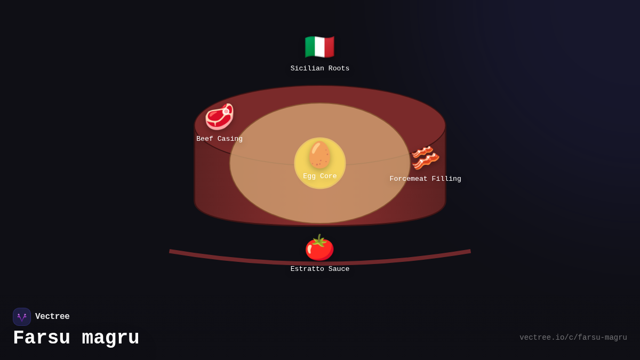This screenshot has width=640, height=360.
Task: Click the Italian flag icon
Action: (x=319, y=46)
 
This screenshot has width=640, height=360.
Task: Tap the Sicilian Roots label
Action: (x=319, y=69)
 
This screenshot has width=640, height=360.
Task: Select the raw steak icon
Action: (x=219, y=117)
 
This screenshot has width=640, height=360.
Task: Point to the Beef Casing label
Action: (x=219, y=139)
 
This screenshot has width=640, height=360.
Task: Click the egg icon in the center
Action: (x=319, y=155)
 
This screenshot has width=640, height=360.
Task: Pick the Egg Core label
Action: (x=319, y=176)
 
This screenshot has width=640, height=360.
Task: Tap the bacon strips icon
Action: (x=425, y=158)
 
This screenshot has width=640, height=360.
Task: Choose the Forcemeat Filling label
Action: (x=425, y=179)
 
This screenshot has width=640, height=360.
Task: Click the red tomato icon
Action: (x=319, y=247)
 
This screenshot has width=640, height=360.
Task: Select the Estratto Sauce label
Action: (x=319, y=269)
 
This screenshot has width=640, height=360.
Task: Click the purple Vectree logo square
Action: (x=22, y=317)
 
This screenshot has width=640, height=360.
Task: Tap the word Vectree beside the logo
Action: (x=52, y=316)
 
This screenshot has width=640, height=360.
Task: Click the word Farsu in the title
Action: (x=42, y=338)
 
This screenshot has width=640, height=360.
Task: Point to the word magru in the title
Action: (x=110, y=338)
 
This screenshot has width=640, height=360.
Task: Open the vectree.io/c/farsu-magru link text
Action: (x=573, y=338)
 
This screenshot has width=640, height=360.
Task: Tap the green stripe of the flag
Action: (x=310, y=46)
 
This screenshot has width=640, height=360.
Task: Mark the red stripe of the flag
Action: (x=330, y=46)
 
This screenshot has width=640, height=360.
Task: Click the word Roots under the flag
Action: (x=339, y=69)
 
